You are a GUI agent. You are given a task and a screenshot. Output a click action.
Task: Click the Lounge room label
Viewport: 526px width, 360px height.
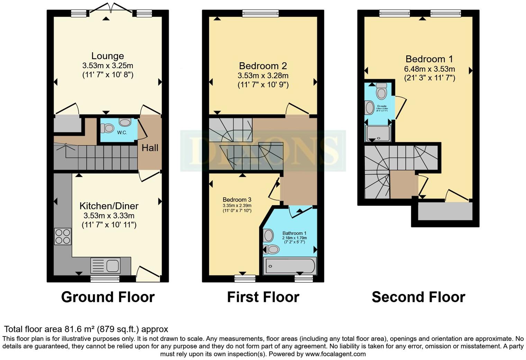(108, 56)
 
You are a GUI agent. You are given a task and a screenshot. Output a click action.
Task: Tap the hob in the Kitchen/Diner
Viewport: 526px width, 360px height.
(63, 236)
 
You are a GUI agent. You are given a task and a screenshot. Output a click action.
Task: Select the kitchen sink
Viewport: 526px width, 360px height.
(106, 266)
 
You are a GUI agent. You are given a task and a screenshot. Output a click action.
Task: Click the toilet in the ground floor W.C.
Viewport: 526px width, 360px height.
(108, 128)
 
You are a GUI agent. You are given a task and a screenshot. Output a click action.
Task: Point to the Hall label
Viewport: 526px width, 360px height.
(150, 148)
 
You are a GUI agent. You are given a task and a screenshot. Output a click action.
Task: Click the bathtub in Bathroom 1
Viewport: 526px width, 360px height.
(290, 266)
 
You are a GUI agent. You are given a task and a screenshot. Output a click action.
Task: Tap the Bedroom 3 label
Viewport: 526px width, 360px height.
(237, 200)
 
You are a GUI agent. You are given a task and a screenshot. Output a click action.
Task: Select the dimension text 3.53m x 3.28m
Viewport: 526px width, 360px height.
(263, 75)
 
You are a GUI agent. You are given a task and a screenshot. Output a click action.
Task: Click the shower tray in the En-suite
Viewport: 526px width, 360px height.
(378, 134)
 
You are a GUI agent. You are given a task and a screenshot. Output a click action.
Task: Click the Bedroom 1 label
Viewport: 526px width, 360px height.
(429, 59)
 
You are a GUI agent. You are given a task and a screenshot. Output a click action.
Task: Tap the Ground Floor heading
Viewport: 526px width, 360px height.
(108, 297)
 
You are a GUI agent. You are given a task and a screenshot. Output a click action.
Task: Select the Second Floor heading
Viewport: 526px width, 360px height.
(418, 297)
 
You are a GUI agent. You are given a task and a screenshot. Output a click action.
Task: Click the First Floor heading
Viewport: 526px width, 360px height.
(263, 297)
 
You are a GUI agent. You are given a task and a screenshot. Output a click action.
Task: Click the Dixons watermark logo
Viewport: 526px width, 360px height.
(263, 151)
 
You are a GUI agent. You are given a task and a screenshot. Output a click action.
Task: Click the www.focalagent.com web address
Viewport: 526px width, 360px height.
(335, 354)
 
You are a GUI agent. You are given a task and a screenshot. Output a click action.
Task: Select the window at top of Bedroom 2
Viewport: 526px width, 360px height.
(261, 14)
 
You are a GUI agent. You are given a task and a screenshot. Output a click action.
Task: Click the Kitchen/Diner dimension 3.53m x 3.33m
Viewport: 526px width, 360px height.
(109, 216)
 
